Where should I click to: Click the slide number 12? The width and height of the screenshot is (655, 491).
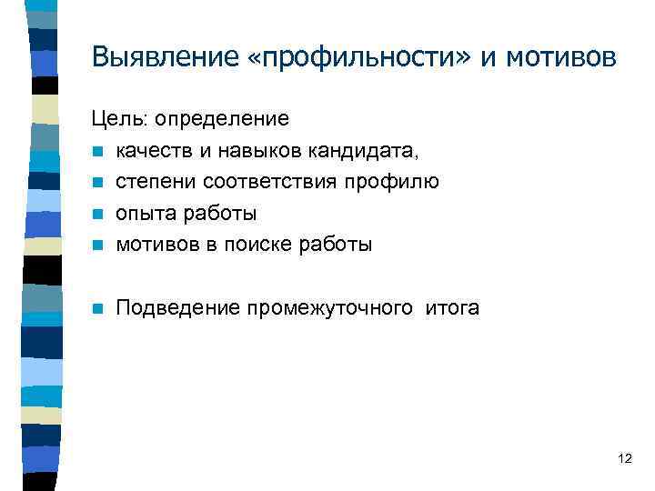click(624, 458)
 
